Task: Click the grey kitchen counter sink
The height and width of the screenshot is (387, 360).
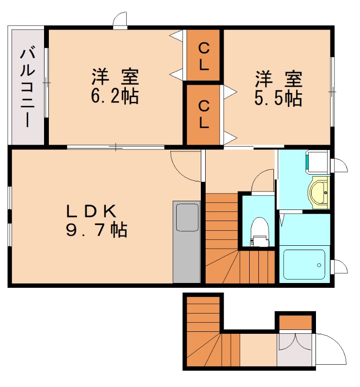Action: click(x=187, y=217)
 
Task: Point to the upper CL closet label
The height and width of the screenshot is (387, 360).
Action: click(x=204, y=56)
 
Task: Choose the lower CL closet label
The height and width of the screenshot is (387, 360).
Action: click(x=204, y=114)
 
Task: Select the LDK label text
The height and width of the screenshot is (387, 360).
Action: click(x=91, y=211)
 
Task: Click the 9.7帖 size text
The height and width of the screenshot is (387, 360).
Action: click(x=96, y=230)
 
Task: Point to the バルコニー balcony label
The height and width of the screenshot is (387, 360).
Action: click(x=27, y=87)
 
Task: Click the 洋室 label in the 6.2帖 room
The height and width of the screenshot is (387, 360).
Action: click(x=115, y=77)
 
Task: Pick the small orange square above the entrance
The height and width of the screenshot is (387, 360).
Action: click(x=295, y=322)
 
